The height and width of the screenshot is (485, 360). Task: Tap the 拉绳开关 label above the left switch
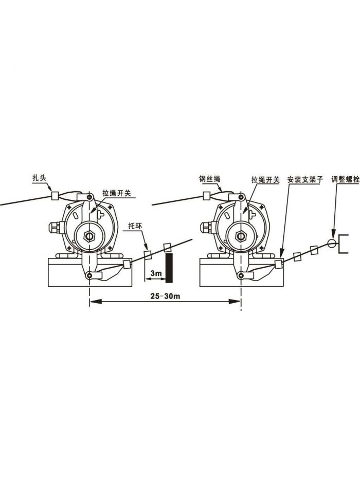[x=117, y=193]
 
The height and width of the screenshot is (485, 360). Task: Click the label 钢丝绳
[x=210, y=179]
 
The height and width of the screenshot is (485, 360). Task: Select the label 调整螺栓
[x=345, y=179]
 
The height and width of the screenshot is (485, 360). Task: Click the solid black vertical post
[x=168, y=267]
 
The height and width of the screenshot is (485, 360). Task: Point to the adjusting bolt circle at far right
[x=332, y=242]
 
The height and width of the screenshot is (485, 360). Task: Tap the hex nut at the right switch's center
[x=240, y=236]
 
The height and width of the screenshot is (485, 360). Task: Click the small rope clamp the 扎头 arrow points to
[x=55, y=195]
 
